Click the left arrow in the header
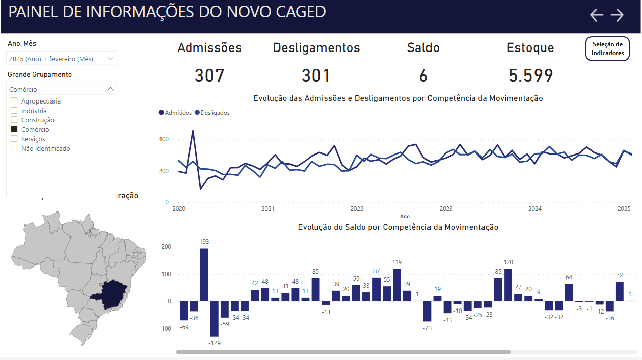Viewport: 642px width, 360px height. (x=597, y=15)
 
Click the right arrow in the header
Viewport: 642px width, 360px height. (x=617, y=15)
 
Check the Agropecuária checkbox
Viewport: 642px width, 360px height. (x=14, y=101)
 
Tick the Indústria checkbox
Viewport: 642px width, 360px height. (x=14, y=111)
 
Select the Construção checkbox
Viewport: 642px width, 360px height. (x=14, y=120)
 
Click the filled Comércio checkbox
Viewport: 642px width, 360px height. (x=14, y=130)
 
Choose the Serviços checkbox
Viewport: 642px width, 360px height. (x=14, y=139)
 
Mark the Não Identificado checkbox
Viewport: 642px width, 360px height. (x=14, y=148)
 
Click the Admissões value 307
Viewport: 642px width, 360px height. (x=209, y=76)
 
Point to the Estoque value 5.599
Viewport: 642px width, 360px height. (x=530, y=76)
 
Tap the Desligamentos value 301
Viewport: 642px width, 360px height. (x=316, y=76)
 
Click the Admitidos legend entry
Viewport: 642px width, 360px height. (x=175, y=113)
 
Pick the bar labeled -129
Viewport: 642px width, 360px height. (x=215, y=319)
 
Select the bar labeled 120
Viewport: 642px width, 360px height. (x=508, y=285)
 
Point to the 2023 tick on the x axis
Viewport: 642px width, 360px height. (x=446, y=209)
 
